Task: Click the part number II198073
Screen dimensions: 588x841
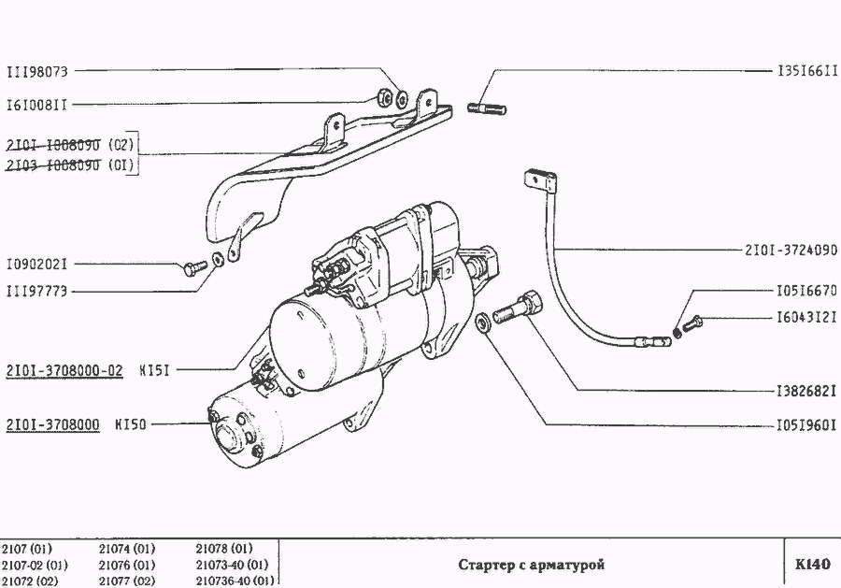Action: (x=37, y=71)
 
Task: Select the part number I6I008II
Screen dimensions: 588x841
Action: (x=37, y=105)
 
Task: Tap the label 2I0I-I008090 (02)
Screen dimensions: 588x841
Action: (x=70, y=145)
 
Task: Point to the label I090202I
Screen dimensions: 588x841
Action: (x=37, y=264)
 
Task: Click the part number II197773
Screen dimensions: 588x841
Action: (x=37, y=292)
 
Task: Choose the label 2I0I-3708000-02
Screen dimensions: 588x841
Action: (x=64, y=369)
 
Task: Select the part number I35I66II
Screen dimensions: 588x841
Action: (x=807, y=71)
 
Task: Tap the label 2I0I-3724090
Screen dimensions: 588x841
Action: (x=791, y=251)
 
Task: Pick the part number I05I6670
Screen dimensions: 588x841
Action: (x=807, y=290)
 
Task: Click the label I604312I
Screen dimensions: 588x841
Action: (x=807, y=318)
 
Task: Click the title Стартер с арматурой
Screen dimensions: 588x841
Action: (x=532, y=565)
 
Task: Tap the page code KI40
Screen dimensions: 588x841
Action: (x=812, y=565)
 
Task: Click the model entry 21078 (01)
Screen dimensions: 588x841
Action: (x=224, y=548)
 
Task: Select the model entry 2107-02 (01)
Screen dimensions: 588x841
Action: (x=35, y=565)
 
